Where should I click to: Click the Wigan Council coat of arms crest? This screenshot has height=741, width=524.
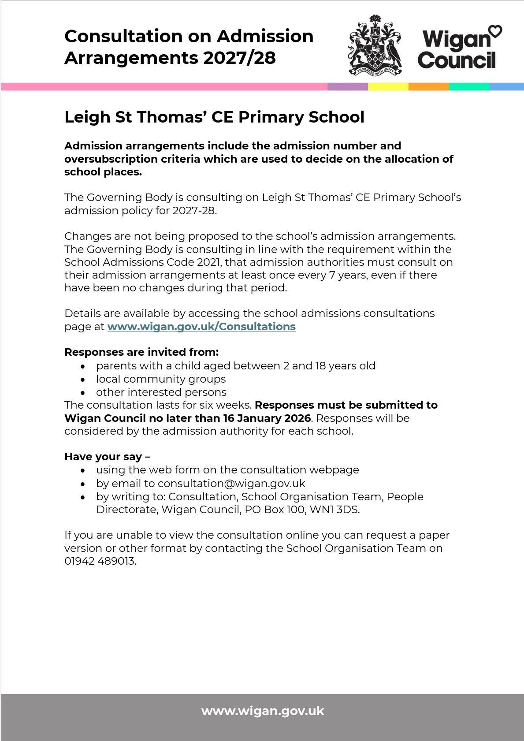(375, 45)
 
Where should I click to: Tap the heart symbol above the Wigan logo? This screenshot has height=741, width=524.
(496, 32)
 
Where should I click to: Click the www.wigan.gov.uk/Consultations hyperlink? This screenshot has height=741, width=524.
(201, 327)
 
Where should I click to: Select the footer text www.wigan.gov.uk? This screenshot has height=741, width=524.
(263, 711)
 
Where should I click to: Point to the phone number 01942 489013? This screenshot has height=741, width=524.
(100, 561)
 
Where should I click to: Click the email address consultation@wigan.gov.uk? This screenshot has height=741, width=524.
(231, 484)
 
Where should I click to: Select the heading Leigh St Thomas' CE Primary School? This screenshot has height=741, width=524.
(214, 117)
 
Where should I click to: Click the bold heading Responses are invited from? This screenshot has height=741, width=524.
(141, 352)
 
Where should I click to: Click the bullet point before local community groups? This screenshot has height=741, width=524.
(83, 380)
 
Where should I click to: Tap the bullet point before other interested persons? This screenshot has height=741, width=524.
(83, 393)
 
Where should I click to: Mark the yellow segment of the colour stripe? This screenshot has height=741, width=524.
(388, 86)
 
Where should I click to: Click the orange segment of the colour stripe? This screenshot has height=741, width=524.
(428, 86)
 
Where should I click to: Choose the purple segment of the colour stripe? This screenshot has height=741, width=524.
(347, 86)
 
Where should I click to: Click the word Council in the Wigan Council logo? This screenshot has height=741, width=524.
(457, 60)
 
